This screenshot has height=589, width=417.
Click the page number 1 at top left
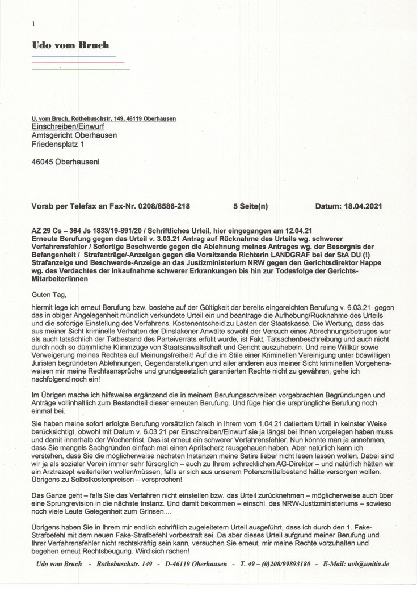[34, 23]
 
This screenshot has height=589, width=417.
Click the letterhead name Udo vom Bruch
[70, 45]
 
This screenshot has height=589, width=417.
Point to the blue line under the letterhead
[73, 56]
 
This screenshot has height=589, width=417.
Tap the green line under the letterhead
[80, 69]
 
